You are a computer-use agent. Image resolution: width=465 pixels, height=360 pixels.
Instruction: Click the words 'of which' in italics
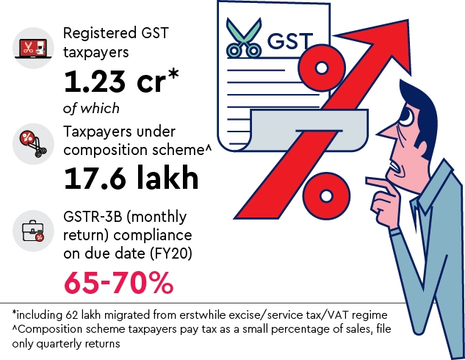pyautogui.click(x=91, y=108)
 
